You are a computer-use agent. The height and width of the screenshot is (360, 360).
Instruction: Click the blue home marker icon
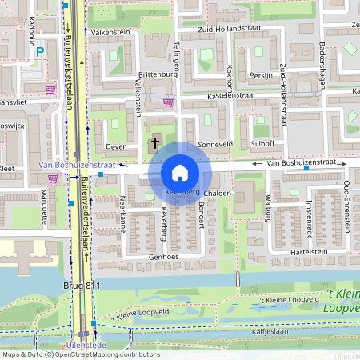pos(180,172)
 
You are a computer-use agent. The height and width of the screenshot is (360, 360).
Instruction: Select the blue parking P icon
pos(40,53)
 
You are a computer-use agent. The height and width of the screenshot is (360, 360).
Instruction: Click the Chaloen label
pos(218,194)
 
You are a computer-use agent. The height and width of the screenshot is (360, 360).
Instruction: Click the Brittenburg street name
pos(156,74)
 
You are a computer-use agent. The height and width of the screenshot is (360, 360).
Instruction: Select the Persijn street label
pos(261,74)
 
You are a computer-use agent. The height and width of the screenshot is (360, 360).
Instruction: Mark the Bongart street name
pos(200,216)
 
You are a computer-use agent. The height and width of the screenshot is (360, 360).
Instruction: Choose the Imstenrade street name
pos(307,214)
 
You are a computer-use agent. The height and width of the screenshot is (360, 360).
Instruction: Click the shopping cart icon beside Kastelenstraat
pos(168,102)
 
